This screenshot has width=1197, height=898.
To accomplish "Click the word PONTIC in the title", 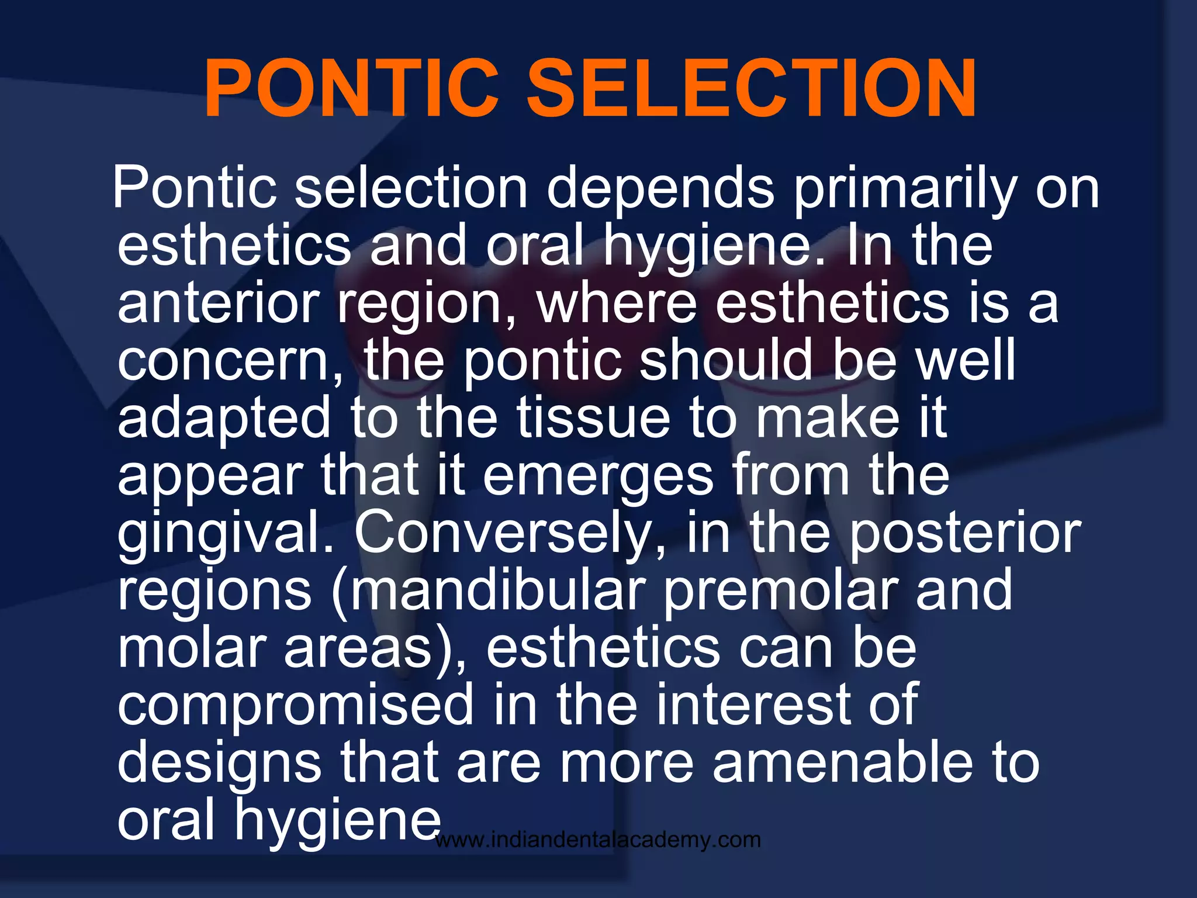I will [x=351, y=89].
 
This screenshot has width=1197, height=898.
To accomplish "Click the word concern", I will [x=230, y=361].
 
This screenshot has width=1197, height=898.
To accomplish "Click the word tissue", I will [x=593, y=417].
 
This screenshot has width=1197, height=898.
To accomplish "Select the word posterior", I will [x=965, y=533].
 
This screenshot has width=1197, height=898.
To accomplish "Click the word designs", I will [x=219, y=764].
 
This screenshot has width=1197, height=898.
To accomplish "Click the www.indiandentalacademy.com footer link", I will [x=598, y=840].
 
